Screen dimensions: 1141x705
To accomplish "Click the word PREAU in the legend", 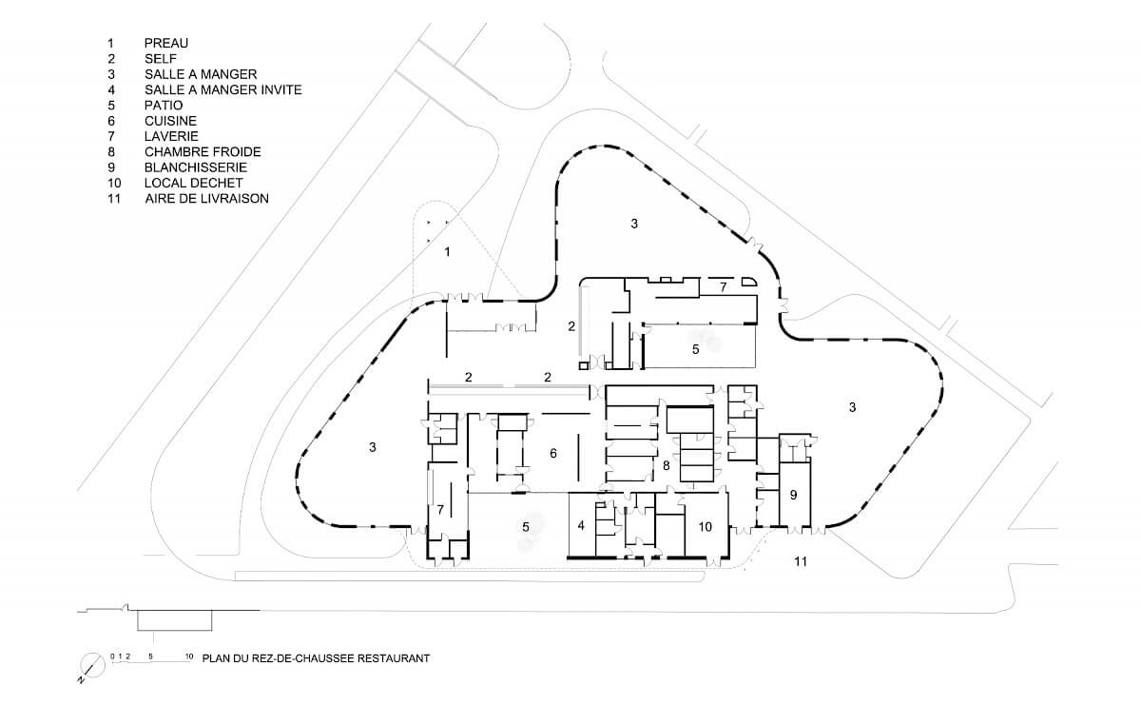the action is pyautogui.click(x=166, y=44).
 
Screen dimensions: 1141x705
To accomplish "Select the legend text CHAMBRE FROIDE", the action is pyautogui.click(x=203, y=152).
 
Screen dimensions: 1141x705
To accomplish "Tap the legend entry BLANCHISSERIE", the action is pyautogui.click(x=196, y=167).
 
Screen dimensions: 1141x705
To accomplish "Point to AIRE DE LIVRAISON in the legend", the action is pyautogui.click(x=207, y=198).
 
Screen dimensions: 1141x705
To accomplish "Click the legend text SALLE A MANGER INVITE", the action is pyautogui.click(x=223, y=89).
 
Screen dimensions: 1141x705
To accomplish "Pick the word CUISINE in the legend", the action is pyautogui.click(x=170, y=121).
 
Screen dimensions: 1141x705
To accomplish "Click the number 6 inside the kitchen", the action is pyautogui.click(x=553, y=453).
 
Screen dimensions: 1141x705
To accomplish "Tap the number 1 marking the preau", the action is pyautogui.click(x=447, y=252).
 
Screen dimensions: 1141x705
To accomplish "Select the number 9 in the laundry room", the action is pyautogui.click(x=793, y=495).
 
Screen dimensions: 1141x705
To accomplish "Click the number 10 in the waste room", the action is pyautogui.click(x=705, y=526).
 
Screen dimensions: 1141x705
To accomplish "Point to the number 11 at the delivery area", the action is pyautogui.click(x=801, y=561).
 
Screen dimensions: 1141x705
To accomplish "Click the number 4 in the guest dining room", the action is pyautogui.click(x=581, y=525).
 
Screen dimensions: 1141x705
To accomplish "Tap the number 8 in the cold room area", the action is pyautogui.click(x=667, y=465).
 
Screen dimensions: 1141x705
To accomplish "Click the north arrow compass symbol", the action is pyautogui.click(x=91, y=666).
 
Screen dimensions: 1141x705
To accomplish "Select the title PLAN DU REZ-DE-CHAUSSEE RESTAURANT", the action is pyautogui.click(x=316, y=658).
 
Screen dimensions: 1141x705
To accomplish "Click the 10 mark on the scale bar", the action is pyautogui.click(x=189, y=656).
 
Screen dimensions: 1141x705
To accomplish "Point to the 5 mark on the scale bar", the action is pyautogui.click(x=150, y=656).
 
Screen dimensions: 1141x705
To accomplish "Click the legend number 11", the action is pyautogui.click(x=114, y=198).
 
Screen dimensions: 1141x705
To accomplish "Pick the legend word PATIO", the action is pyautogui.click(x=164, y=105).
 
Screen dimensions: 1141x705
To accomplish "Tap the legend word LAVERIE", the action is pyautogui.click(x=171, y=136).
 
